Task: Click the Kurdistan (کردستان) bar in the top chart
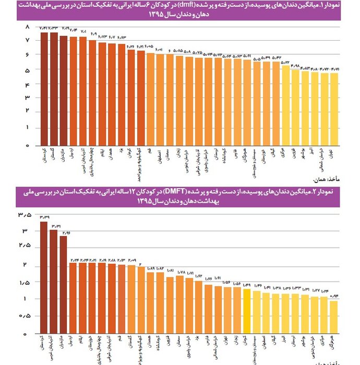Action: [x=45, y=89]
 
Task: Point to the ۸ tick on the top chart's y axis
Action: [x=27, y=27]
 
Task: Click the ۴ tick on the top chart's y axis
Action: [x=27, y=83]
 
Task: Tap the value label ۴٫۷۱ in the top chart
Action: [x=335, y=69]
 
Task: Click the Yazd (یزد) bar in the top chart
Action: [x=122, y=94]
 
